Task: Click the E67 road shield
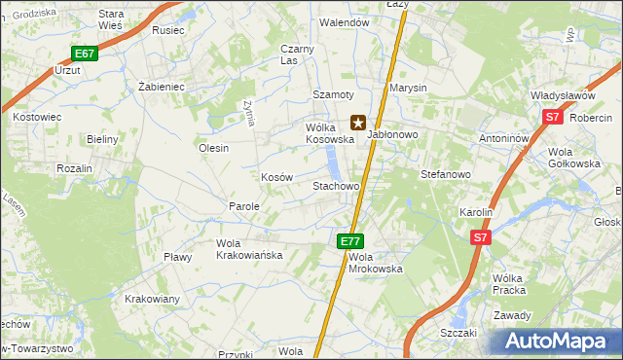(85, 54)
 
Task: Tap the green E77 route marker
(351, 240)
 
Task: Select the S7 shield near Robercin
(553, 118)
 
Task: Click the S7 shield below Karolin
(480, 236)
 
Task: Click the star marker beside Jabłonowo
(358, 124)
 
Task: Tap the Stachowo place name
(336, 185)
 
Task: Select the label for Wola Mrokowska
(376, 262)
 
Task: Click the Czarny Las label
(297, 54)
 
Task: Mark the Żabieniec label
(162, 87)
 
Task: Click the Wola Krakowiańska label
(249, 248)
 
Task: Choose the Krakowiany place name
(152, 299)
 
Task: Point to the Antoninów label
(503, 138)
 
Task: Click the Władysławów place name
(563, 96)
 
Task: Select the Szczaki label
(458, 332)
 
